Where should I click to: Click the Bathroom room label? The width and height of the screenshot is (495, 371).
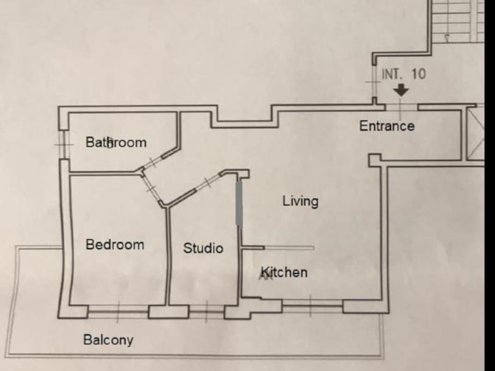coord(116,142)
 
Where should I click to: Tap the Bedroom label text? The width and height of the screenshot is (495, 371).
coord(115,244)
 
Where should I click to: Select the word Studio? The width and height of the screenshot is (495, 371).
coord(203,248)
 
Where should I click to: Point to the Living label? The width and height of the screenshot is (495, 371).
coord(300,202)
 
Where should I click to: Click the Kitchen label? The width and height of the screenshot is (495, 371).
coord(284,272)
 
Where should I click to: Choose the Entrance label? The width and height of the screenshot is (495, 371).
coord(387,126)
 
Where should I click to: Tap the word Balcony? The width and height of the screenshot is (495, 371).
coord(108,340)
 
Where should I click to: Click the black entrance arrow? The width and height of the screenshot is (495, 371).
coord(401,90)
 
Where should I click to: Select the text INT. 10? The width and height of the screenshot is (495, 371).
coord(404,74)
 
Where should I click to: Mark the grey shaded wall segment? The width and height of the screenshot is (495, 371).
coord(239,204)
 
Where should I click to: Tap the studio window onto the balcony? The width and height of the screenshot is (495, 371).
coord(207,312)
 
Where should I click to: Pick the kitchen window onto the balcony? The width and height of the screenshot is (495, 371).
coord(312,305)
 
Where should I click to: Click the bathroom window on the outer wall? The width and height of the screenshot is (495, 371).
coord(64,144)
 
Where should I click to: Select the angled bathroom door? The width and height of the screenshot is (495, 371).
coord(153,162)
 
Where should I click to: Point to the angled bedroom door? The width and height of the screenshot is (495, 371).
coord(151,188)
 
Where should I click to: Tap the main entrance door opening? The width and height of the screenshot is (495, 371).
coord(401,107)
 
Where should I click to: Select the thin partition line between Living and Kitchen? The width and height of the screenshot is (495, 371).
coord(289,248)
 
